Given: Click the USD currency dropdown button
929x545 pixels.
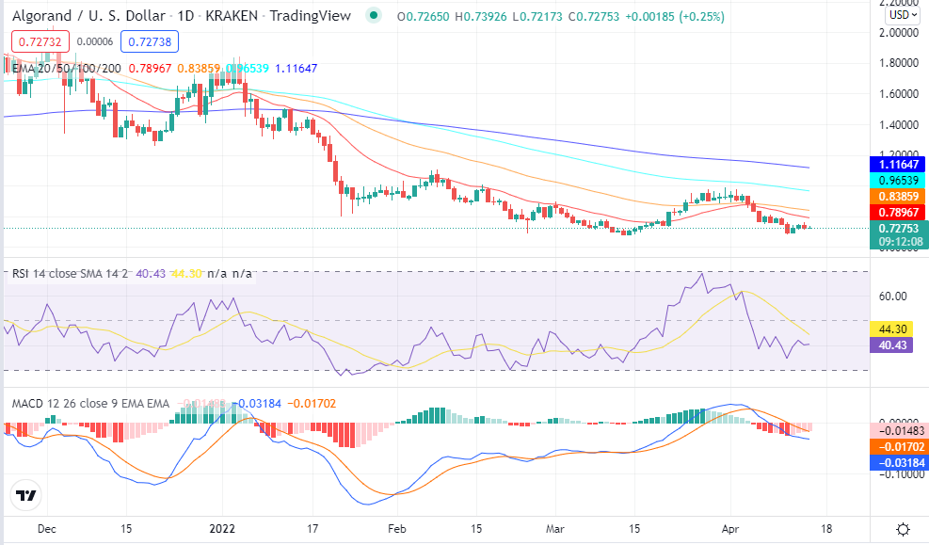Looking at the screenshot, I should [903, 15].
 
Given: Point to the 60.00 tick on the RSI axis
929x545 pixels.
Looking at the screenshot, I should [892, 297].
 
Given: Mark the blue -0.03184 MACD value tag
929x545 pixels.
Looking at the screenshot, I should [900, 462].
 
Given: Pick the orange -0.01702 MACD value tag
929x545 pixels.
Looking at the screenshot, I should [900, 447].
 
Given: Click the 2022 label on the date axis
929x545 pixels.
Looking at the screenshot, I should [222, 530].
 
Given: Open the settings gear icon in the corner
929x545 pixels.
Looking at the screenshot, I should [903, 529].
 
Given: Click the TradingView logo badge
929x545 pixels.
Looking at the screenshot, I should [26, 495].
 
